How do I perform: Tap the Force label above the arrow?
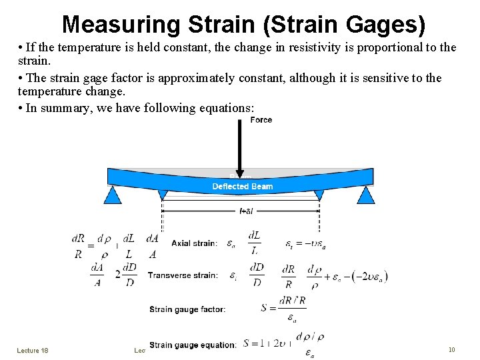(x=261, y=120)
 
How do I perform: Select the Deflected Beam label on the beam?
(x=242, y=187)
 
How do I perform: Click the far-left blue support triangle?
(x=113, y=195)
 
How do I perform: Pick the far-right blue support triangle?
(x=365, y=195)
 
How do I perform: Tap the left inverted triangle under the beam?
(x=163, y=194)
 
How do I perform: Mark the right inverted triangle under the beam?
(x=319, y=194)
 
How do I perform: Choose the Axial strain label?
(x=193, y=243)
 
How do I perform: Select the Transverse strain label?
(x=183, y=275)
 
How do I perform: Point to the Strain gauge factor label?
(x=187, y=309)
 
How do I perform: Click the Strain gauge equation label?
(x=193, y=345)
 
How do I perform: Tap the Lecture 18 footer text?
(x=33, y=349)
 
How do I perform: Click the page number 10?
(x=451, y=349)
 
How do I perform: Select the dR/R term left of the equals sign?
(x=79, y=246)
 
